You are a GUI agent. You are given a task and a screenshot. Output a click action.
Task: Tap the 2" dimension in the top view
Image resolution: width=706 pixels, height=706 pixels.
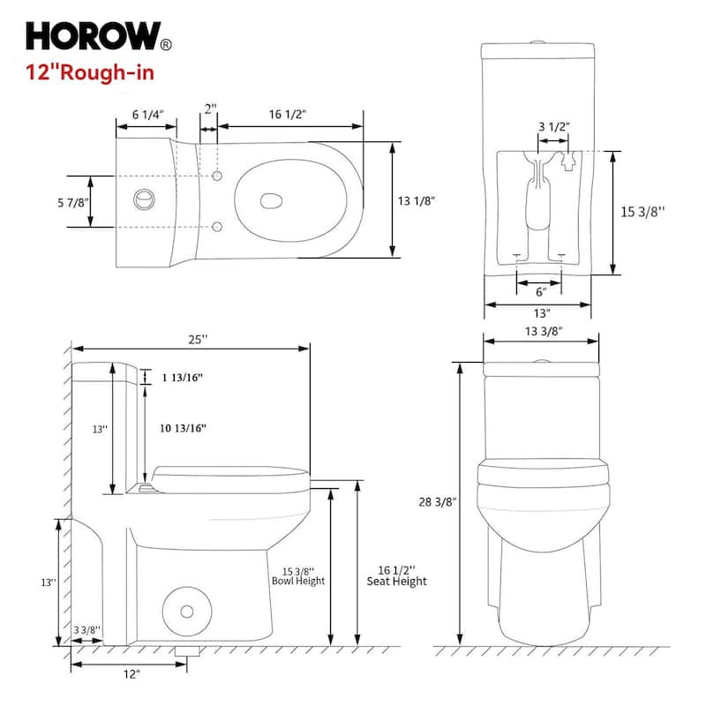coord(208,109)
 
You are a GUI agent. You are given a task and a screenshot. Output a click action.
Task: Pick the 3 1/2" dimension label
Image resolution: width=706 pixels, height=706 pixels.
coord(553,125)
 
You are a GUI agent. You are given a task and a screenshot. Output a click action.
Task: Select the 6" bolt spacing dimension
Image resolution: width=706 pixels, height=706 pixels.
coord(540,290)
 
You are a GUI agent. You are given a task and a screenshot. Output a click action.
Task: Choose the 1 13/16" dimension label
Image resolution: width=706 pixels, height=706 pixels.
coord(183,378)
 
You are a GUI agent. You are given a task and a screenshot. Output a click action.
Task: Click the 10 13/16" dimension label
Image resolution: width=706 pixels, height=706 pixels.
coord(184,428)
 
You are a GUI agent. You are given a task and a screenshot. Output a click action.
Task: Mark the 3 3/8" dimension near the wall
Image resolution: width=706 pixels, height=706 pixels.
coord(87,629)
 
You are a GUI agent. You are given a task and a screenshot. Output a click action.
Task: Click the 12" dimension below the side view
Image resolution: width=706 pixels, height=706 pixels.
coord(131,674)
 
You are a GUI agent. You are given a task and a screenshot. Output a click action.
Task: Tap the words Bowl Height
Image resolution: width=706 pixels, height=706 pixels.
coord(298,582)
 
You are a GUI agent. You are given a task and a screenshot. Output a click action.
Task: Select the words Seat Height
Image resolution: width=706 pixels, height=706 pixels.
coord(396,582)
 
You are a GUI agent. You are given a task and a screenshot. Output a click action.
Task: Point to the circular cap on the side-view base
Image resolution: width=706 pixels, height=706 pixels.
coord(186,611)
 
